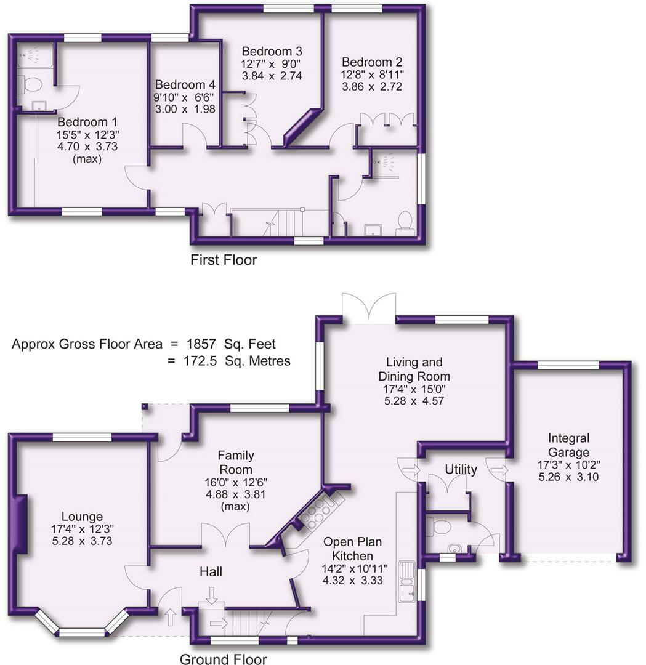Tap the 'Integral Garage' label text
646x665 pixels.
568,445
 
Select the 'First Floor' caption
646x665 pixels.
224,260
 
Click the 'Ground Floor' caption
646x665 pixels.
223,659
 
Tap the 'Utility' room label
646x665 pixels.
461,470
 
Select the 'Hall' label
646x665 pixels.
211,572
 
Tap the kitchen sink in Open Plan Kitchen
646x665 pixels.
407,581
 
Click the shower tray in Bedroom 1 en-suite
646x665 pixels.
34,55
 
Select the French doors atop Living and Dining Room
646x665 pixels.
368,308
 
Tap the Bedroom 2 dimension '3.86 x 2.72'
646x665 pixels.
372,87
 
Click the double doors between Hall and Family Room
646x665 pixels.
225,534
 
